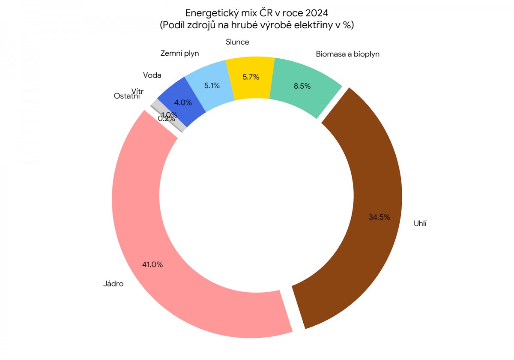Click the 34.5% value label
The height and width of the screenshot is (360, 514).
379,217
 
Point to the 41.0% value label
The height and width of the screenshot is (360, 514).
152,265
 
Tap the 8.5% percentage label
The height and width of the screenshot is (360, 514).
302,86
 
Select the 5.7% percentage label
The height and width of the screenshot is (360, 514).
251,77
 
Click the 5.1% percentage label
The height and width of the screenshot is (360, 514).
212,85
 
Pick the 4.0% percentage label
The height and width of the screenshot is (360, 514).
183,103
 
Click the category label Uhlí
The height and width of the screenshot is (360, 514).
420,223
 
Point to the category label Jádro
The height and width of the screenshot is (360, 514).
113,283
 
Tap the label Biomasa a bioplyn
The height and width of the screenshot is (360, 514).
347,54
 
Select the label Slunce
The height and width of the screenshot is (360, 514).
237,42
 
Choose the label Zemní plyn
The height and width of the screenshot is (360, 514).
179,54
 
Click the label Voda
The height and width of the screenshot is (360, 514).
152,75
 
